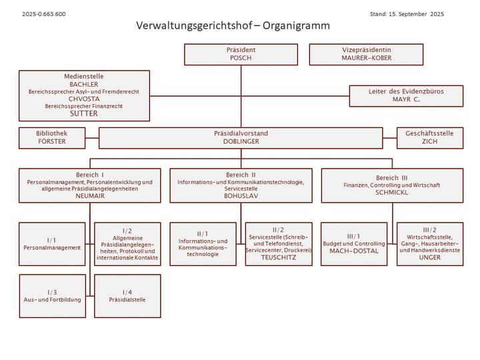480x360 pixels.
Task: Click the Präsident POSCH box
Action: tap(241, 54)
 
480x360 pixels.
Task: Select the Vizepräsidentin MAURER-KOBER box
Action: tap(366, 54)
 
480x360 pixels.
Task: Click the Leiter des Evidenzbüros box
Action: tap(406, 95)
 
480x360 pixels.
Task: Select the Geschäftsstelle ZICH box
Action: tap(429, 138)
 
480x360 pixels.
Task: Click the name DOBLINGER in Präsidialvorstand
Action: tap(241, 142)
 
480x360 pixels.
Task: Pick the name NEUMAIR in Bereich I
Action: tap(90, 196)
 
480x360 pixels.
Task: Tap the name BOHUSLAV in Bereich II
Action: tap(241, 196)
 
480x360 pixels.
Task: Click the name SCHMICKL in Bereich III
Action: tap(391, 192)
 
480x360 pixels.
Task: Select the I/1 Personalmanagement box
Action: tap(52, 244)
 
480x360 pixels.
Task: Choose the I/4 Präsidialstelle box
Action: tap(127, 296)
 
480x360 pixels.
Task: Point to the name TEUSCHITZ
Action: tap(278, 257)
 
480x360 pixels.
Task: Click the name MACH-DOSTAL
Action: tap(353, 251)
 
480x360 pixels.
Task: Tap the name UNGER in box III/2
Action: tap(429, 257)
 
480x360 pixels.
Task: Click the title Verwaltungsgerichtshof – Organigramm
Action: tap(233, 26)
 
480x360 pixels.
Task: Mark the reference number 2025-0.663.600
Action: tap(44, 13)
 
